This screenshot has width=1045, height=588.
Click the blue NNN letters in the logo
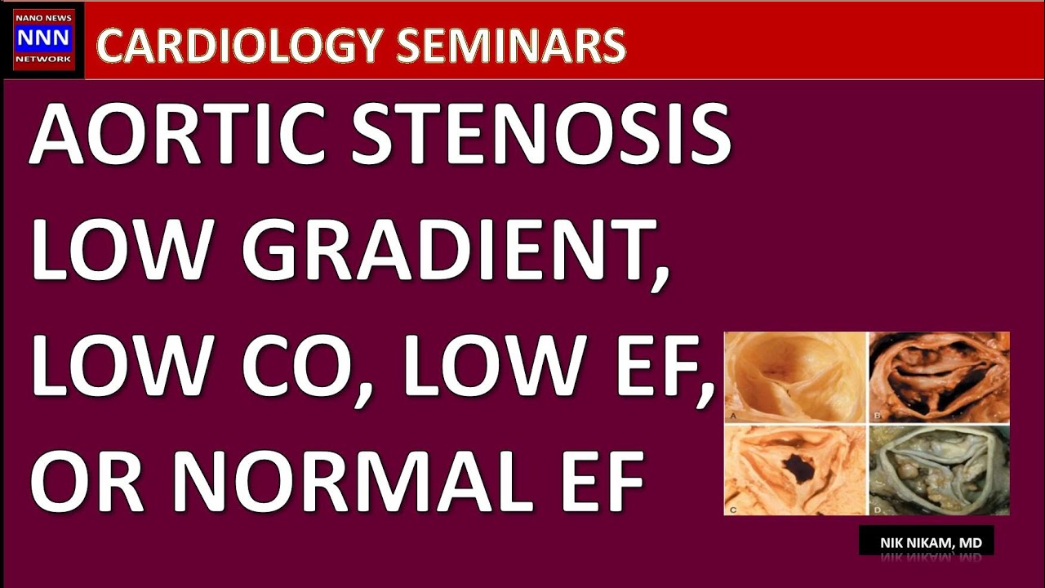click(x=43, y=38)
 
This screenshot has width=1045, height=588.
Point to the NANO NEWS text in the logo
click(x=43, y=17)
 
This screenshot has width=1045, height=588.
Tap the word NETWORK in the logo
click(x=43, y=60)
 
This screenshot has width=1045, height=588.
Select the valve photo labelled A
click(x=794, y=376)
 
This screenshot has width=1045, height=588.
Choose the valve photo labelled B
click(x=939, y=376)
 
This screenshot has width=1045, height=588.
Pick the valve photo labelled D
click(x=939, y=470)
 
